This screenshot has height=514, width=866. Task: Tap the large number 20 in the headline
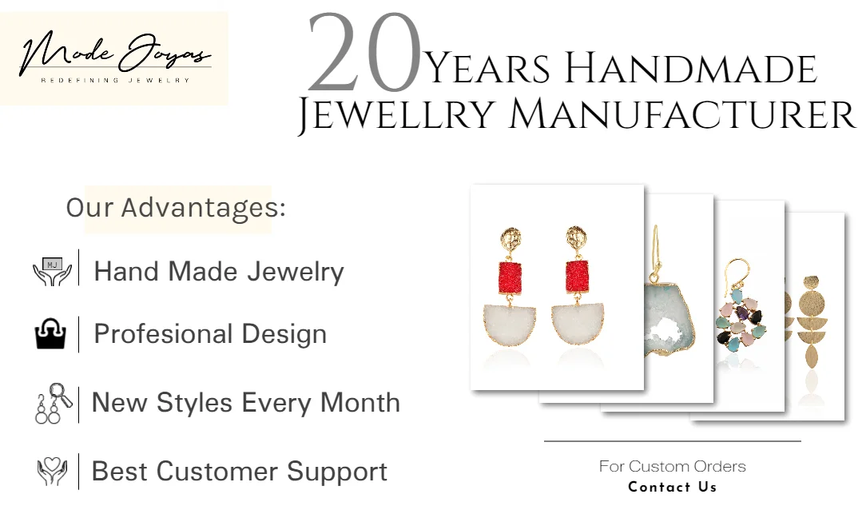364,53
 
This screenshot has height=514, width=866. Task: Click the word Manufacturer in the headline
682,116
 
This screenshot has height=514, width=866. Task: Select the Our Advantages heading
176,208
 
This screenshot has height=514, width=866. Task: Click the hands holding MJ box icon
52,271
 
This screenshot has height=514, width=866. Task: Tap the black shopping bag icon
51,334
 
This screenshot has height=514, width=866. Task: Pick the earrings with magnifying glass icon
54,404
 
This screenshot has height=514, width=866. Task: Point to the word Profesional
163,334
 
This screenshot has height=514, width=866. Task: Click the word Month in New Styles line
360,402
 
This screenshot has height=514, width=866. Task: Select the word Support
337,472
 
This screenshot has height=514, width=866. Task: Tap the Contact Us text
672,487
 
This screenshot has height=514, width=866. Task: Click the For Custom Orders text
672,467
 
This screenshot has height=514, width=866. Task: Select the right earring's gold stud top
577,237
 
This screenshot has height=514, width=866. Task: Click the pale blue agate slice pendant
669,319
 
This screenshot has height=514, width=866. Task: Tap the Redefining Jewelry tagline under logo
115,80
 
